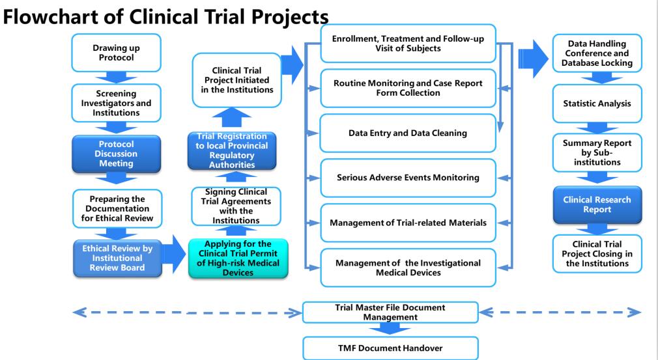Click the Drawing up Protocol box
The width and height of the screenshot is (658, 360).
116,53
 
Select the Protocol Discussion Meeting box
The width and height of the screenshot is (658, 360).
116,154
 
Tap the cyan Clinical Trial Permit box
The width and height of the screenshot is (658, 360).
238,258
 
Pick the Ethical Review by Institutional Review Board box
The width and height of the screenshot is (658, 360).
117,258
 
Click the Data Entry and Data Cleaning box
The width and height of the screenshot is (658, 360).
408,133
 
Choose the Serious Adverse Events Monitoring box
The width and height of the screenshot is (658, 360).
408,178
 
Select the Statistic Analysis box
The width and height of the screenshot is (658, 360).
597,104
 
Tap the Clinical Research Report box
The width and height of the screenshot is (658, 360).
597,204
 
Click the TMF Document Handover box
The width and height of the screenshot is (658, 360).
390,348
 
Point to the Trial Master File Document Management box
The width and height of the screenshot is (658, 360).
390,312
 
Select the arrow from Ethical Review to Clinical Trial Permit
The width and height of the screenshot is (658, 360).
174,253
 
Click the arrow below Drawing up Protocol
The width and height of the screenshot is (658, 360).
116,77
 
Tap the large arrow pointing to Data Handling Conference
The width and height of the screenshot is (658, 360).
533,59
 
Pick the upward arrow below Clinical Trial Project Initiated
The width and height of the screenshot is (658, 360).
231,117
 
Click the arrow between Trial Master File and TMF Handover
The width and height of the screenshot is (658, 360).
390,329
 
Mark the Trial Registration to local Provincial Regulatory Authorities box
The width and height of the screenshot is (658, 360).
232,151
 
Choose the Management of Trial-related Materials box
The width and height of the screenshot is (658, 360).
408,223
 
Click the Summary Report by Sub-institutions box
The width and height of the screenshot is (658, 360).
597,152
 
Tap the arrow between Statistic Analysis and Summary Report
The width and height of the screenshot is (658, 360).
597,128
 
